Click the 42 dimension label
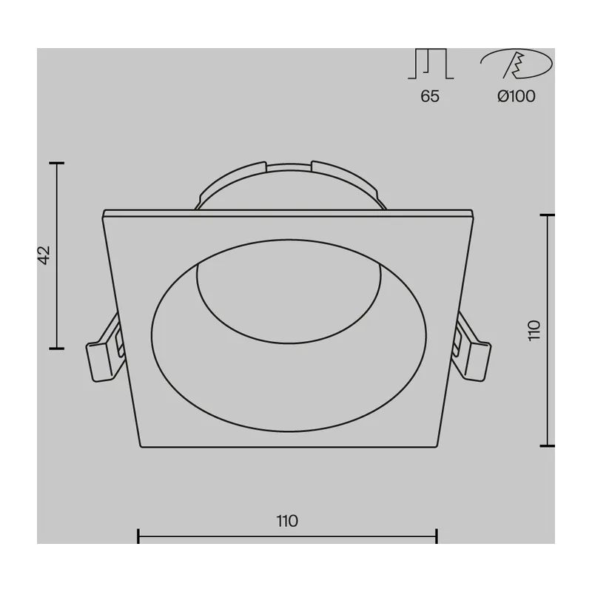tap(45, 255)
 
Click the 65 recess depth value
tap(430, 96)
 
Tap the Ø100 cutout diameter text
tap(516, 96)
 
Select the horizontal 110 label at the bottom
tap(287, 522)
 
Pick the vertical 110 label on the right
tap(534, 331)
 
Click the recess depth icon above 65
tap(431, 64)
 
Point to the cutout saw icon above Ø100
tap(517, 64)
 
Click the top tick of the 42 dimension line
tap(57, 163)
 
